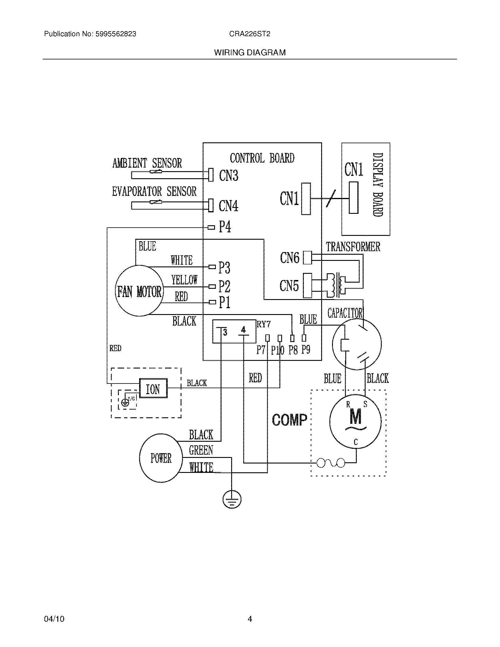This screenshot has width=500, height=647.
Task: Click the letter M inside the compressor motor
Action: (355, 416)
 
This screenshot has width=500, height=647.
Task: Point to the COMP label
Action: (289, 420)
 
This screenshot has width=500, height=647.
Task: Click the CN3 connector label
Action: (228, 175)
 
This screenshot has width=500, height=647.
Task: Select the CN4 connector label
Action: (228, 206)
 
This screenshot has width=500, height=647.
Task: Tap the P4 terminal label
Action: (225, 227)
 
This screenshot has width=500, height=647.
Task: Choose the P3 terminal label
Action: (224, 268)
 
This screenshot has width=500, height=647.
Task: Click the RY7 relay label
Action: (263, 324)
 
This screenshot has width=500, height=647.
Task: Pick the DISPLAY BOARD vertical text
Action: (378, 185)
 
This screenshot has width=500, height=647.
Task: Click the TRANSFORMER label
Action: (353, 247)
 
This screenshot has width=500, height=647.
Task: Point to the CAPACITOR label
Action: (345, 313)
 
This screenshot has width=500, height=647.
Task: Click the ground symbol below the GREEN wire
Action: (232, 500)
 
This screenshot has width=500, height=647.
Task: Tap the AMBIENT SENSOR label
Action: (147, 163)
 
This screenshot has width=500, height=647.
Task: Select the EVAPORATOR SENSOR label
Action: (154, 191)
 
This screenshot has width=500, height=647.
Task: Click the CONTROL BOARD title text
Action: (262, 158)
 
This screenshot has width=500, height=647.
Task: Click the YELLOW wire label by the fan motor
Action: (184, 279)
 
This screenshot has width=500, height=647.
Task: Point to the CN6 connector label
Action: (289, 257)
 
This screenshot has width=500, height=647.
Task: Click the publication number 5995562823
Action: (116, 34)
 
